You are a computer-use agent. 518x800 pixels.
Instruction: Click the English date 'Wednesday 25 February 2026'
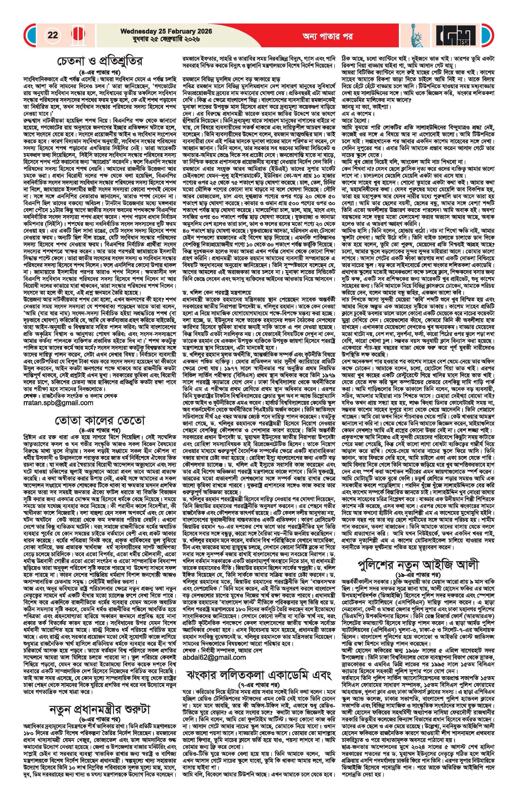click(x=166, y=31)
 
